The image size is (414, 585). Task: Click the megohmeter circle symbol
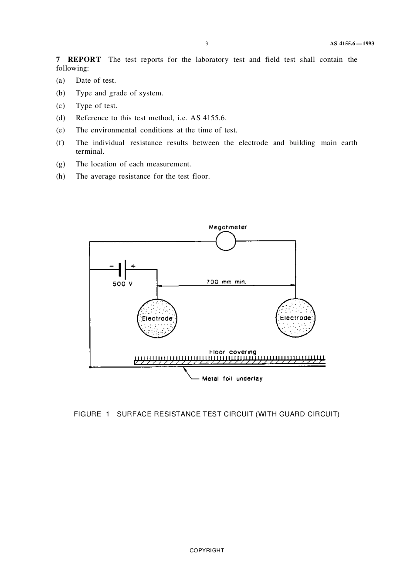226,241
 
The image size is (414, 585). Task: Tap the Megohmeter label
227,227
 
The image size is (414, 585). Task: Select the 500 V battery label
122,284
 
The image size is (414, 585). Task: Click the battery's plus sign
133,265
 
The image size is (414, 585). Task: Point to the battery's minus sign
112,265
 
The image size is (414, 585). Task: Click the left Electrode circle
157,318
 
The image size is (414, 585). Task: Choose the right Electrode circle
295,318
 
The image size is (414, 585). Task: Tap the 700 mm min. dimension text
226,282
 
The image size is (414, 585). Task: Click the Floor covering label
233,352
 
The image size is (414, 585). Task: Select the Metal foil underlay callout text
232,379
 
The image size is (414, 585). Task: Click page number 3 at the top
207,44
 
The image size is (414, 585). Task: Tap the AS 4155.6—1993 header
352,44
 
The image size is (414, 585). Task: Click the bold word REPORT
84,60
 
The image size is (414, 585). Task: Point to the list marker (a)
61,81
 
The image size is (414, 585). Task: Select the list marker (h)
61,176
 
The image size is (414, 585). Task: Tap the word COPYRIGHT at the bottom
207,551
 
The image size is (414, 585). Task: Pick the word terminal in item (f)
90,152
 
